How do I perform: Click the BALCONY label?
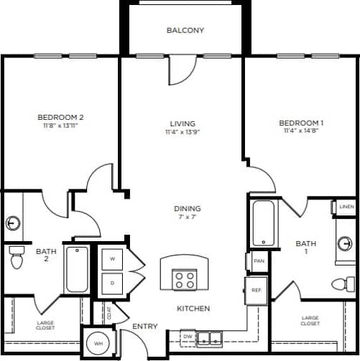pos(185,30)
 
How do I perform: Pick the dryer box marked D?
pos(112,282)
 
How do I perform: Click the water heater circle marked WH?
pos(98,344)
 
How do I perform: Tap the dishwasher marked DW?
pos(188,336)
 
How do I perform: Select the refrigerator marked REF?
pos(256,290)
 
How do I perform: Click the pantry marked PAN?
pos(258,261)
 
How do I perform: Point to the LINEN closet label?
pos(346,207)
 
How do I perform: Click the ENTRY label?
pos(144,327)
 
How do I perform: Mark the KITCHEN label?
pos(193,309)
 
